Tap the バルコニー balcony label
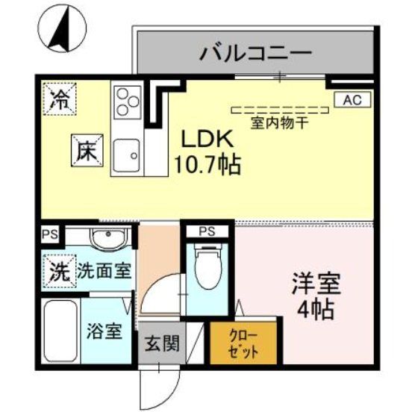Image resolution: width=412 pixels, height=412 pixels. (255, 54)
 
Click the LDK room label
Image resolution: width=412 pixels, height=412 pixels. (205, 139)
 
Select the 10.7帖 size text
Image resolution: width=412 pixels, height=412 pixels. (207, 164)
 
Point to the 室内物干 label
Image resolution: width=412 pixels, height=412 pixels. (279, 124)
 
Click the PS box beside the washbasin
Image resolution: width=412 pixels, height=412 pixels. (49, 234)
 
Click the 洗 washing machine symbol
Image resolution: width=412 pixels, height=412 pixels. (58, 269)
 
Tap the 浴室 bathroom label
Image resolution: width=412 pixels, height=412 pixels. (104, 330)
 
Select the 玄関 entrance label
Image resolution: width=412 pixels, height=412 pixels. (160, 344)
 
